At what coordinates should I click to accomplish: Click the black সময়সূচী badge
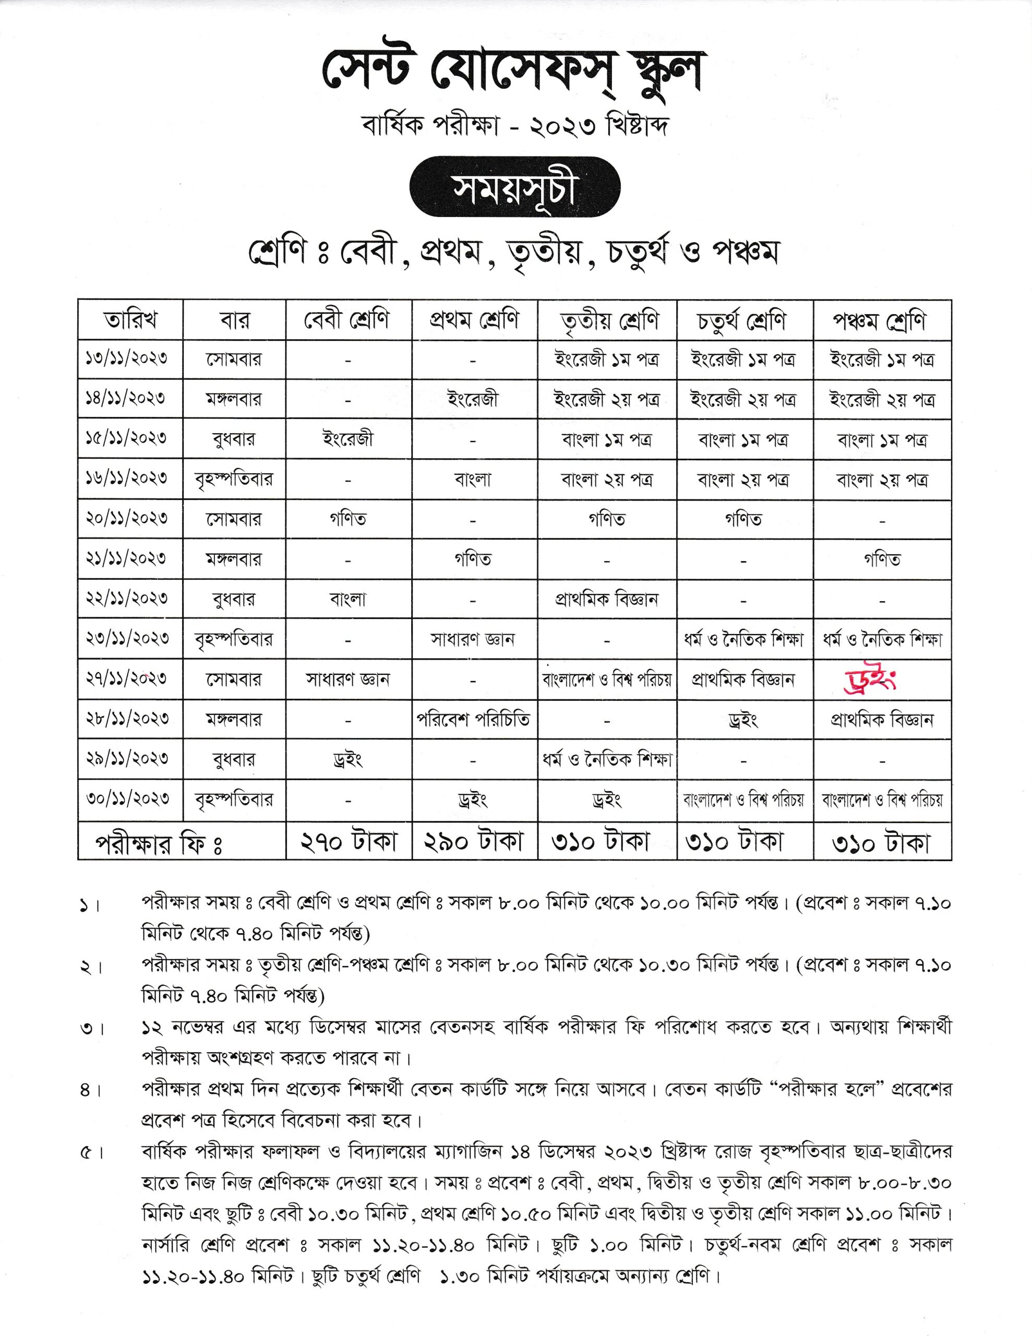click(x=514, y=187)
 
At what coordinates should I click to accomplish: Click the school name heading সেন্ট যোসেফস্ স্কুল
click(x=514, y=73)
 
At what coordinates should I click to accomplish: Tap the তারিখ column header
click(x=130, y=320)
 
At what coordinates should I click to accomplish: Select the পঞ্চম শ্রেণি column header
click(x=882, y=320)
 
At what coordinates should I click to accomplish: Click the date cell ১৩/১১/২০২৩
click(x=130, y=359)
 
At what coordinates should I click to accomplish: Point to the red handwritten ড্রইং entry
click(x=869, y=680)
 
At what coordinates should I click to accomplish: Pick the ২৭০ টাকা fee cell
click(x=349, y=842)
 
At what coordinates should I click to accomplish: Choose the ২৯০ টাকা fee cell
click(x=475, y=842)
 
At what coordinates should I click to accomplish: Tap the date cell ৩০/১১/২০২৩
click(x=130, y=799)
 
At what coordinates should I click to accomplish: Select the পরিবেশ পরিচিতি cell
click(x=474, y=719)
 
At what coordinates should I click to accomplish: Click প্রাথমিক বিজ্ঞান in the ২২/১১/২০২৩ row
click(x=607, y=599)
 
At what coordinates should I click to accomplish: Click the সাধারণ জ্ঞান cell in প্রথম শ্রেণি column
click(x=474, y=639)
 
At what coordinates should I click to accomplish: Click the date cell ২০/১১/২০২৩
click(x=130, y=518)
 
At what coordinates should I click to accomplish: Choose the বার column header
click(x=234, y=320)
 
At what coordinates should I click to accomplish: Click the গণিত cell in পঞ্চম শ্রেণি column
click(x=882, y=559)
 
